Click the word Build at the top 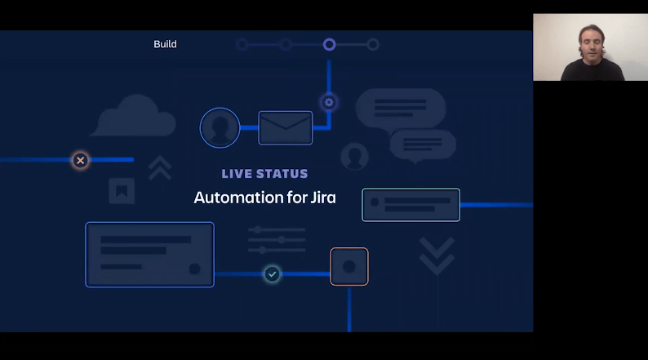(x=165, y=44)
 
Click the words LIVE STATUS (x=264, y=174)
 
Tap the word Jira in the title (x=323, y=198)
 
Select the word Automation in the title (x=233, y=198)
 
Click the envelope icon (x=286, y=128)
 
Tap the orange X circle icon (x=80, y=160)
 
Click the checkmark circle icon (x=273, y=274)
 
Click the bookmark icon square (x=122, y=191)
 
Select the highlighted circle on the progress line (x=329, y=44)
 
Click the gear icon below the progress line (x=329, y=102)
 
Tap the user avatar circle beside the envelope (x=220, y=128)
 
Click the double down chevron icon (x=436, y=255)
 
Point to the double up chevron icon (x=160, y=167)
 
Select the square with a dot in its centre (x=349, y=267)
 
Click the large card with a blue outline (x=149, y=255)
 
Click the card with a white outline (x=411, y=205)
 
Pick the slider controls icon (x=277, y=240)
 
